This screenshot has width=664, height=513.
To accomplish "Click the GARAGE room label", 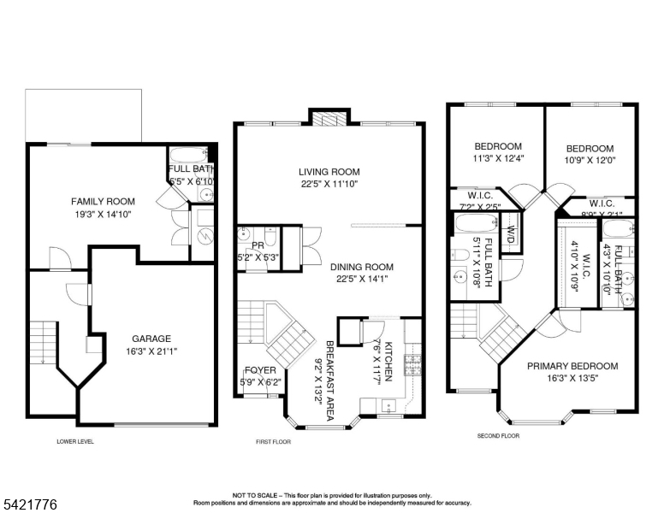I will [x=151, y=339].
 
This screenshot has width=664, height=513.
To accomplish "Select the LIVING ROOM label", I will [x=329, y=171].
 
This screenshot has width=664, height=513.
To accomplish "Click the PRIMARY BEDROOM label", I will [x=572, y=366].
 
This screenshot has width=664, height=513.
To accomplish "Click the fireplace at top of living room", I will [x=329, y=119].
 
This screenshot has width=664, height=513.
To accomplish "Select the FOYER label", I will [x=259, y=370].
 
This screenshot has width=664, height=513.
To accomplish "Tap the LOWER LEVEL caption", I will [x=75, y=442].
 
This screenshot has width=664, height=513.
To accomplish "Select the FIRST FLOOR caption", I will [x=274, y=442].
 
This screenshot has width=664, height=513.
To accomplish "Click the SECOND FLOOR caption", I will [x=498, y=436].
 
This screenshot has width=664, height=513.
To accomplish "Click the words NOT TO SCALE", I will [x=253, y=495].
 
